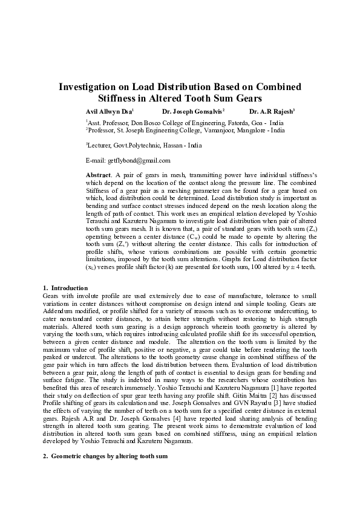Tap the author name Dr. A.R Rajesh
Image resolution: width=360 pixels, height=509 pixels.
coord(270,112)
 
